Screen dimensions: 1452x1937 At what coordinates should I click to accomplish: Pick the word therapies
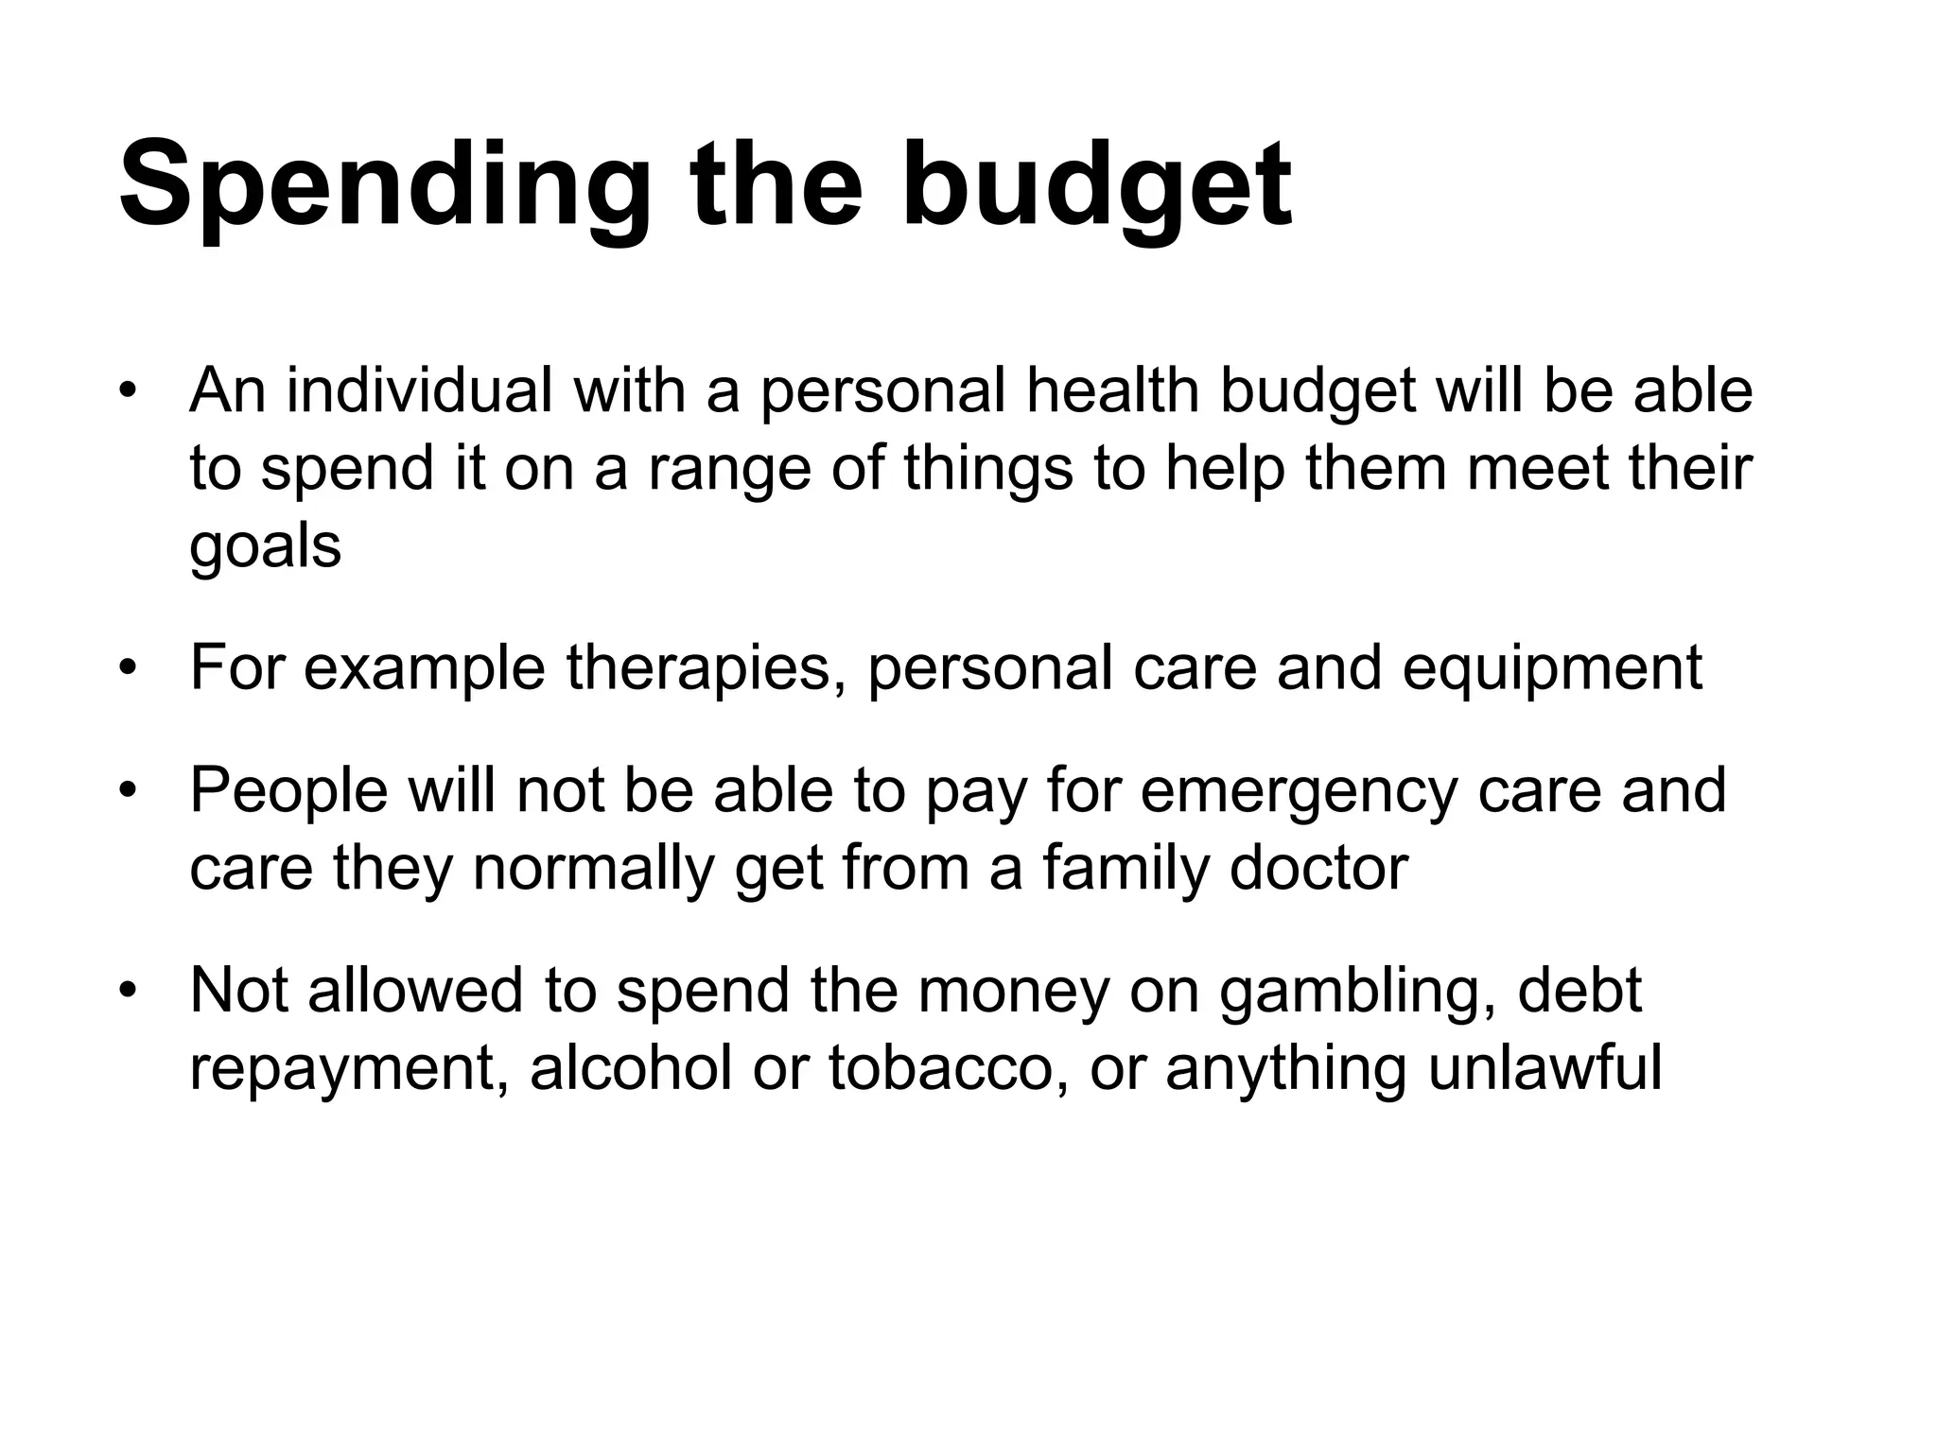(x=707, y=667)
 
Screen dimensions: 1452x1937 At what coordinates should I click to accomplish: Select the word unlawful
(x=1544, y=1068)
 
